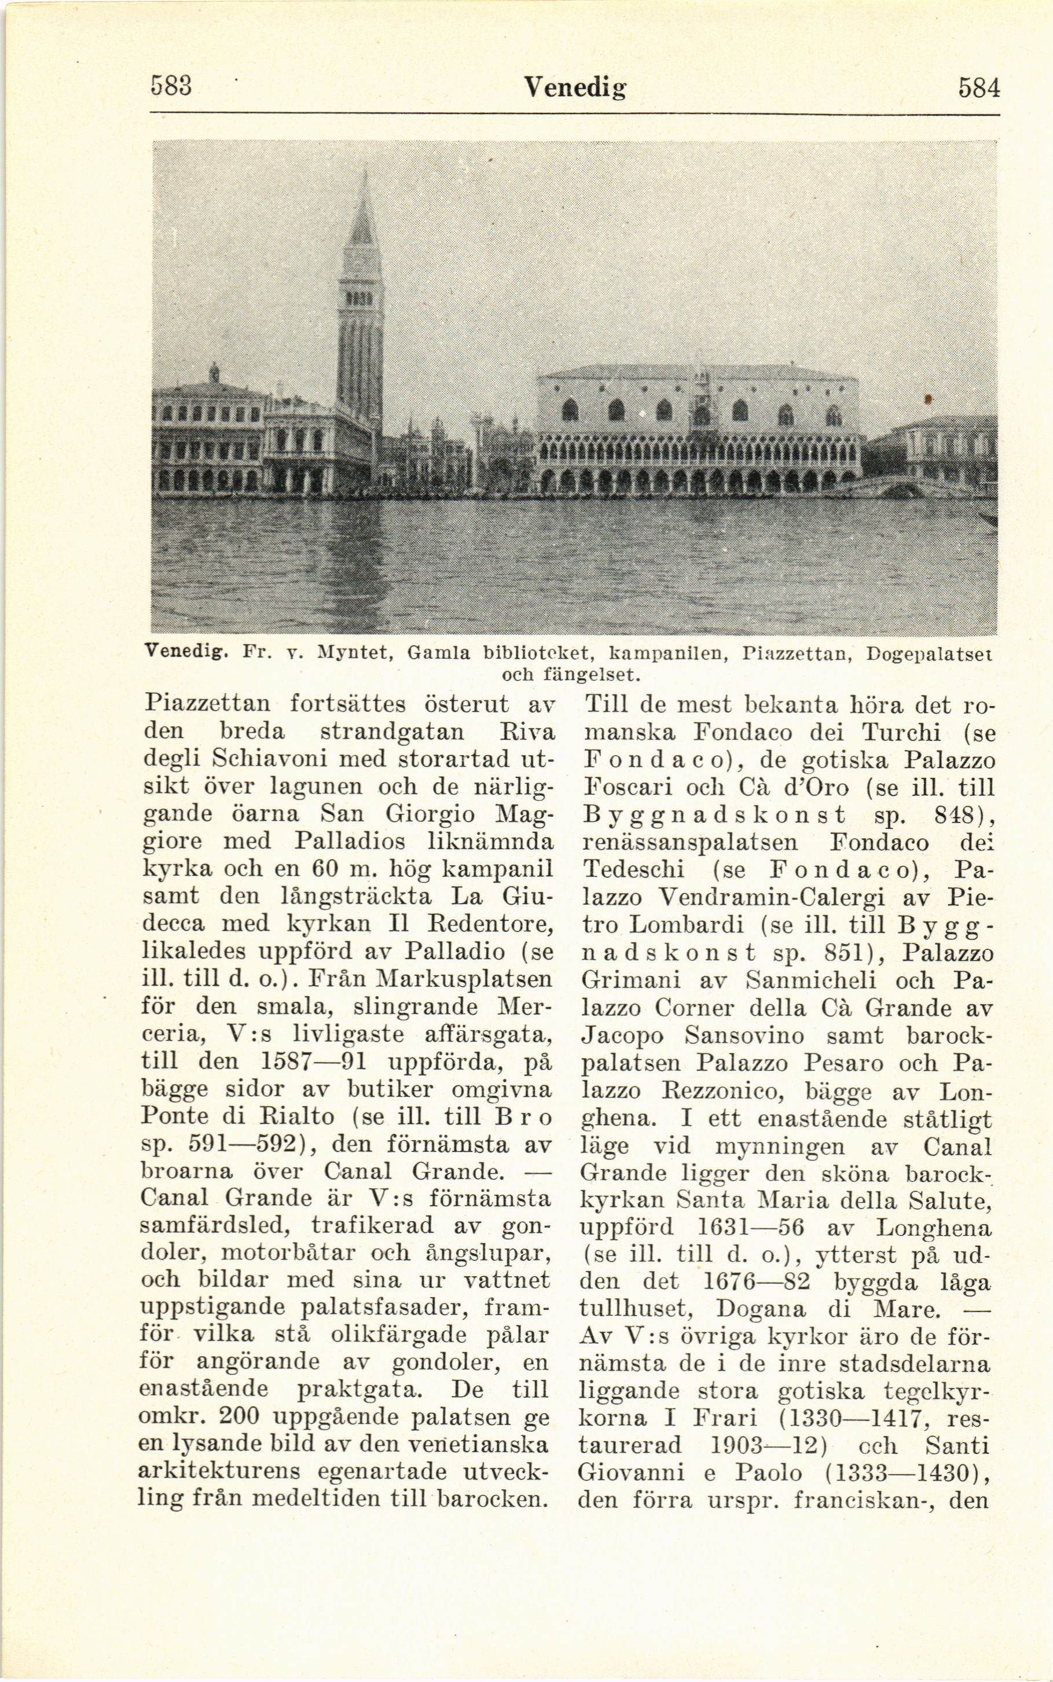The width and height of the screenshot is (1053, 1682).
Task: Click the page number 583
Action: click(171, 88)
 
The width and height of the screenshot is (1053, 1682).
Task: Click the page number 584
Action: click(978, 89)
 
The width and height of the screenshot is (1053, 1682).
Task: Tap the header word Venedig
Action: click(575, 89)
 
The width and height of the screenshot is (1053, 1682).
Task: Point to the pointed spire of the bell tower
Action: click(363, 209)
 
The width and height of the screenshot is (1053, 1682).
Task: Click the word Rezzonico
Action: click(740, 1090)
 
